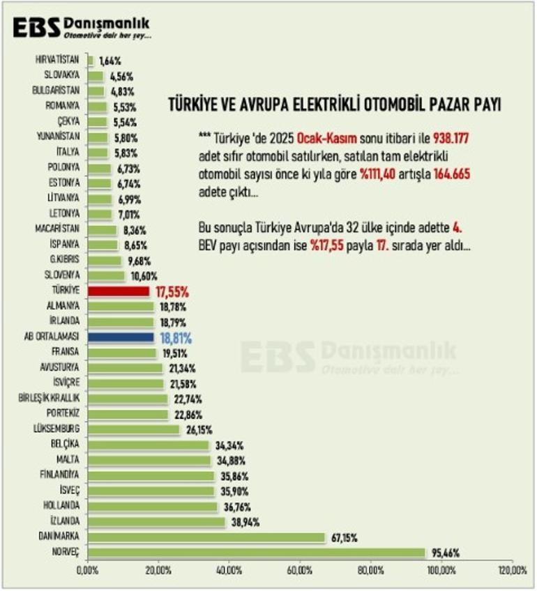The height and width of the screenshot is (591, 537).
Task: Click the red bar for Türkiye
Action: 118,291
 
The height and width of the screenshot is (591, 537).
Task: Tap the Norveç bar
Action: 256,553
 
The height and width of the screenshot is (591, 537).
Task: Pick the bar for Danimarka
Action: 206,537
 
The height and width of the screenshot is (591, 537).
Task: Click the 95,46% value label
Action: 444,553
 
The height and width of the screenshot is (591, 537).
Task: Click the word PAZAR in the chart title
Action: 440,105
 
